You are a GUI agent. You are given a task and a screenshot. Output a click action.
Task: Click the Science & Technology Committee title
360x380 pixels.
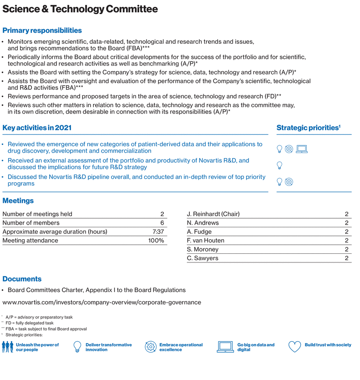pos(81,9)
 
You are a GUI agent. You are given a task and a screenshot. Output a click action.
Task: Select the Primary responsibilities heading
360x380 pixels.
pos(42,31)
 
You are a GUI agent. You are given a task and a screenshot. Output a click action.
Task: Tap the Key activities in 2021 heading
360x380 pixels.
pos(37,128)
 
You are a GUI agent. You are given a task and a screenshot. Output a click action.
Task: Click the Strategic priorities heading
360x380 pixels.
pos(309,128)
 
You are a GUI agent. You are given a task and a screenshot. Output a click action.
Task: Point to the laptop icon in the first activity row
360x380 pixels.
pos(302,149)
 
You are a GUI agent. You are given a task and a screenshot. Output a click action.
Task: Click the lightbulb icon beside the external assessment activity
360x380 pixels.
pos(280,165)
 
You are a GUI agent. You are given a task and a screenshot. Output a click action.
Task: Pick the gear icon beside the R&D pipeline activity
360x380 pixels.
pos(289,182)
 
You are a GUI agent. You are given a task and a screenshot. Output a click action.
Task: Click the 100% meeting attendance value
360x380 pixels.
pos(156,240)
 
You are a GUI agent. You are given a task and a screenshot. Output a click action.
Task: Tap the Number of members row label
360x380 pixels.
pos(31,223)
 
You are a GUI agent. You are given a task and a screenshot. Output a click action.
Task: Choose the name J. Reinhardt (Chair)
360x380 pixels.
pos(213,214)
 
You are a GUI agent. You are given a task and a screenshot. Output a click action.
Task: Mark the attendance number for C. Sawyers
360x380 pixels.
pos(346,258)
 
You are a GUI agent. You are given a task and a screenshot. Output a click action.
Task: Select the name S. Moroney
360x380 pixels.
pos(203,249)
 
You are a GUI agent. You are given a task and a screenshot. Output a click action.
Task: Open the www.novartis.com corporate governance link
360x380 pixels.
pos(101,302)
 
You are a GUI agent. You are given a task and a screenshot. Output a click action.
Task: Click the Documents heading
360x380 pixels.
pos(22,279)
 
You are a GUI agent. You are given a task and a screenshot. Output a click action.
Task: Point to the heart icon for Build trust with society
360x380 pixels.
pos(295,347)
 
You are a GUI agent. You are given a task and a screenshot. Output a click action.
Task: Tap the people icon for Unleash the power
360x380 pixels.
pos(10,347)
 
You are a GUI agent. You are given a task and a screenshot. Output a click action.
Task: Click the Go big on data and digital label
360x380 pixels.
pos(256,347)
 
